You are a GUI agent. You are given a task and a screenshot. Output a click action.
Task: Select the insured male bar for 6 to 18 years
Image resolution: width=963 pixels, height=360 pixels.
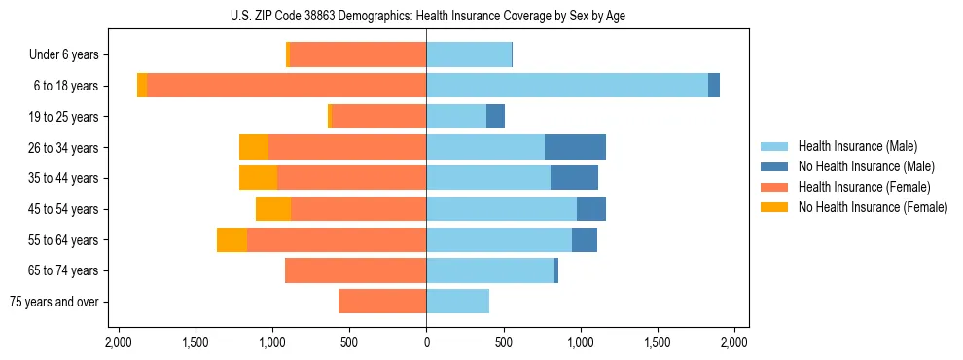point(566,86)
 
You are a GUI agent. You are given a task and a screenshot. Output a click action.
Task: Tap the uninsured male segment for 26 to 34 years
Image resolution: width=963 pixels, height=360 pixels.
point(575,147)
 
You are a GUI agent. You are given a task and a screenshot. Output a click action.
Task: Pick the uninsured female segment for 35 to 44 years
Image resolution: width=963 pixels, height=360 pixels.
point(258,178)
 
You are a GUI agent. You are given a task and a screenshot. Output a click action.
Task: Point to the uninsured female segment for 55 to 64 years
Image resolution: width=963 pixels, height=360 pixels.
point(232,239)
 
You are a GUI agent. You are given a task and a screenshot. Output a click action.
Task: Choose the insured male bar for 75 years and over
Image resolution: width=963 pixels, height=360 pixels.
point(457,302)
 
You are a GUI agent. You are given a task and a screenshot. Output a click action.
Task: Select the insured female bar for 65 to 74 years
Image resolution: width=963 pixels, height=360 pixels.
point(355,270)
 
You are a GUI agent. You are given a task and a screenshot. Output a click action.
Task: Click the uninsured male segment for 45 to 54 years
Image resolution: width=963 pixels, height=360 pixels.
point(590,209)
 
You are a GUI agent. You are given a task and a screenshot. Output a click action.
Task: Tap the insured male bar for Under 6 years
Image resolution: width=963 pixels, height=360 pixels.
point(469,54)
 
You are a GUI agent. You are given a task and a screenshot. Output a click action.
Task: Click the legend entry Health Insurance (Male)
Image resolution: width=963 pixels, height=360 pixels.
point(857,146)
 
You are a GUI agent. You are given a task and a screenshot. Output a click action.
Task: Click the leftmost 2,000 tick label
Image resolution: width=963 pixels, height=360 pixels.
point(118,342)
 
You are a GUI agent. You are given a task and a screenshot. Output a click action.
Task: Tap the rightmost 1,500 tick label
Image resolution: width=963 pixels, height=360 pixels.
point(658,342)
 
